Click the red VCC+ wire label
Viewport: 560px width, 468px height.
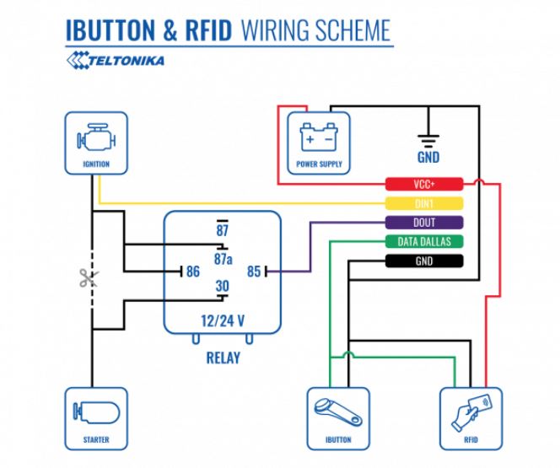[x=424, y=184]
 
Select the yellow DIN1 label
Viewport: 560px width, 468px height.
[x=424, y=203]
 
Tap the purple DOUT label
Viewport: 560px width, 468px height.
[x=424, y=223]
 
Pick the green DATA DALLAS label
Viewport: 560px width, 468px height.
[x=424, y=242]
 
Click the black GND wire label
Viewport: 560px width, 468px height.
[x=424, y=261]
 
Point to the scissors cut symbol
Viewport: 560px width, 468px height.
[x=89, y=277]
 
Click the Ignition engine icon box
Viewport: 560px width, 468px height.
[x=95, y=143]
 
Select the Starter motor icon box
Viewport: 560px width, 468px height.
[x=95, y=417]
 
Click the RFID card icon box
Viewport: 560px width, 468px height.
[x=471, y=417]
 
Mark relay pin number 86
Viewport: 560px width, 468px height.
[x=193, y=272]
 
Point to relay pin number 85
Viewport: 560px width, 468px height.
[x=252, y=272]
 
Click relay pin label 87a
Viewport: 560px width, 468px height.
[x=223, y=257]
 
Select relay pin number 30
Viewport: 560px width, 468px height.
[x=223, y=287]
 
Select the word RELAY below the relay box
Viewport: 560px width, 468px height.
[x=223, y=358]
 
